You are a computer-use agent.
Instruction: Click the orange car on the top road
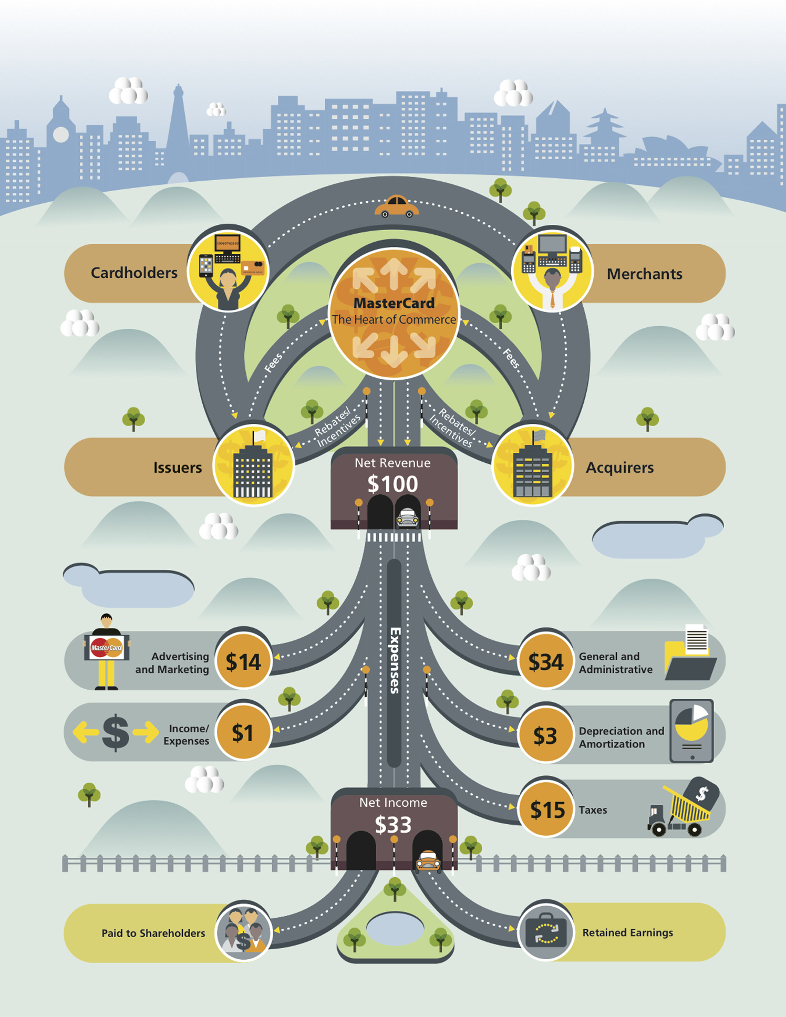click(397, 206)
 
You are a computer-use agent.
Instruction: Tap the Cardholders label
click(134, 273)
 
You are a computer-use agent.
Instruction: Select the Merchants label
click(645, 274)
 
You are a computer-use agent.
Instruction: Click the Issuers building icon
click(253, 465)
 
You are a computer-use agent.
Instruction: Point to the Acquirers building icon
click(532, 465)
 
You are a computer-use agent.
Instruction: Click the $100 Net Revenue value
click(392, 484)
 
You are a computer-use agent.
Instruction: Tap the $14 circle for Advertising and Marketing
click(243, 661)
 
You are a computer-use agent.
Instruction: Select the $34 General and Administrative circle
click(546, 661)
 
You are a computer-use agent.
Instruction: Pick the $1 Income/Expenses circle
click(243, 732)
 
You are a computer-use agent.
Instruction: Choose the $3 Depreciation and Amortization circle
click(546, 735)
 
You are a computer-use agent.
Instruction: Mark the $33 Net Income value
click(393, 825)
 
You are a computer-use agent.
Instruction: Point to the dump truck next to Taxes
click(682, 807)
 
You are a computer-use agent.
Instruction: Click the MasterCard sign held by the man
click(107, 648)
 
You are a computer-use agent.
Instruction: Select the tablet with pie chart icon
click(691, 731)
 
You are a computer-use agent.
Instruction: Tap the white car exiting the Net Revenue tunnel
click(407, 518)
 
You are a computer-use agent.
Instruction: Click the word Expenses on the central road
click(395, 660)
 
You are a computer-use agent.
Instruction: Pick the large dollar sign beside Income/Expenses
click(116, 732)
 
